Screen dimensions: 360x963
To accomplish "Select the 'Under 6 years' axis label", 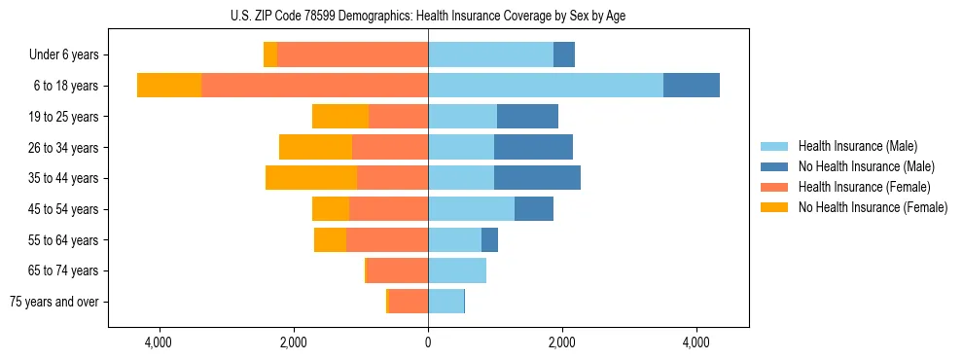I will click(x=70, y=55).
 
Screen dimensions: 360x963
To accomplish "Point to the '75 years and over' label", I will click(x=54, y=302).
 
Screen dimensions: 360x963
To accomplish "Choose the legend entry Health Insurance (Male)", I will click(x=856, y=146).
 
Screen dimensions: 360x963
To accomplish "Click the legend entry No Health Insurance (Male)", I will click(x=865, y=166).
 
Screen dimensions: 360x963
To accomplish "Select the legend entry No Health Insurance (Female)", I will click(x=873, y=207).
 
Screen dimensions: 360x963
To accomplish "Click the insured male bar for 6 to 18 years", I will click(x=545, y=86).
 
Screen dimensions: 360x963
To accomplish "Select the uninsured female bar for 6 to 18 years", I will click(x=169, y=86).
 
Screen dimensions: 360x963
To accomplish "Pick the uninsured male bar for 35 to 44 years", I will click(x=537, y=178).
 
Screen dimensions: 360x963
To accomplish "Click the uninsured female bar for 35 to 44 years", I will click(x=311, y=178).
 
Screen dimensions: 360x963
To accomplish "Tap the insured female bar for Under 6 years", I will click(x=352, y=55).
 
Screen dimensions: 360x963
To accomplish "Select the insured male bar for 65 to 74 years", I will click(x=457, y=270).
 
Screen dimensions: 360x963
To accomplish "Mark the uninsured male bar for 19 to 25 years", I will click(x=527, y=117).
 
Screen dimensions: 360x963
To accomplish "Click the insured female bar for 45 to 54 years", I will click(x=388, y=209).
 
